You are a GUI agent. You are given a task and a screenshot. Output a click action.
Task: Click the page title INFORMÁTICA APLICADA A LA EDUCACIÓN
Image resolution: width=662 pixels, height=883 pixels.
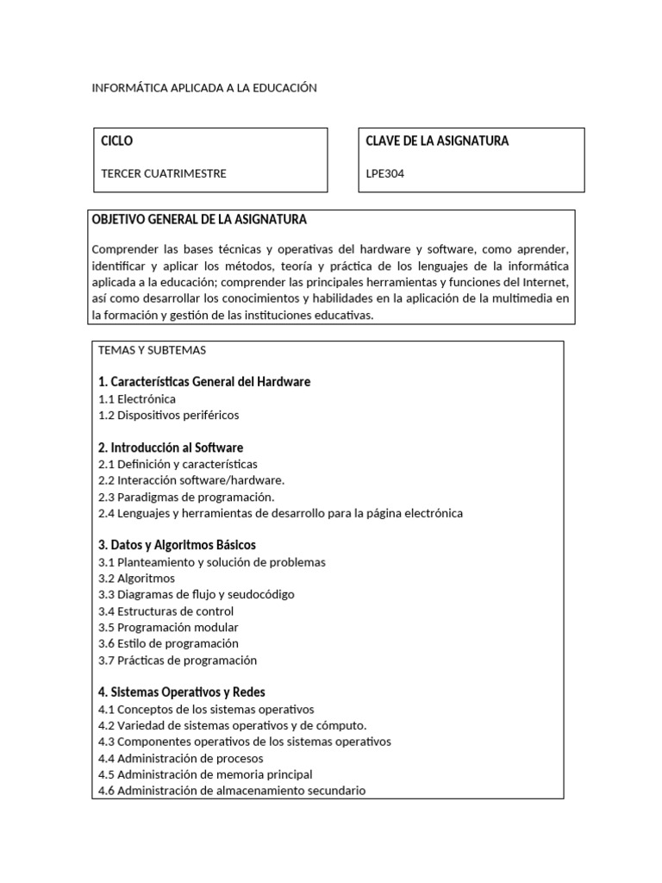click(204, 88)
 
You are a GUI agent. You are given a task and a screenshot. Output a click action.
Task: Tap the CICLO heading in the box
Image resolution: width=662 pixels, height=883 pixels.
click(117, 141)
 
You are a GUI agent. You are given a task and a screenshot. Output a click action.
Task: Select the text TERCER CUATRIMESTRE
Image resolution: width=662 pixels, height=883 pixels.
click(164, 173)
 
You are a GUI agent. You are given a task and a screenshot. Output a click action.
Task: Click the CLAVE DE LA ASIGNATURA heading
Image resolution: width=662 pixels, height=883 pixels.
click(437, 141)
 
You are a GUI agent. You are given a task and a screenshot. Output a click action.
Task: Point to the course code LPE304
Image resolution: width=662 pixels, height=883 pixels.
click(384, 173)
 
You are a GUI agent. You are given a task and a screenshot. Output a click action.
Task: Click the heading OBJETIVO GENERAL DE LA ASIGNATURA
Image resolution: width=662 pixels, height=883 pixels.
click(199, 220)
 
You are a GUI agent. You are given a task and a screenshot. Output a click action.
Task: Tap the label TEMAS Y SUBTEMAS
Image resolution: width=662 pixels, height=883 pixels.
click(152, 350)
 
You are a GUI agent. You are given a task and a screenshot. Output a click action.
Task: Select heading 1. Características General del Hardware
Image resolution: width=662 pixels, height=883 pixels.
click(204, 381)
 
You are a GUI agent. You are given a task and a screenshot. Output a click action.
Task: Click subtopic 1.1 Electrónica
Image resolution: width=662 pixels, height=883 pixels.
click(137, 398)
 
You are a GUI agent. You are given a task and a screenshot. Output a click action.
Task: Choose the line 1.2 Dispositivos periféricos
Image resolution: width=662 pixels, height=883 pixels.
click(168, 415)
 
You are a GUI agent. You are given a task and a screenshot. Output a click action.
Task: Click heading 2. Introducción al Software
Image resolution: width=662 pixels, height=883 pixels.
click(171, 448)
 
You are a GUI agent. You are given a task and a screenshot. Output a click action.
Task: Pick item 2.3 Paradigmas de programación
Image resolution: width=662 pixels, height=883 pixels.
click(186, 497)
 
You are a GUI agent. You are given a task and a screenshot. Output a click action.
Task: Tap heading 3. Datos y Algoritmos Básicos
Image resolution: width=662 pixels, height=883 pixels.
click(177, 545)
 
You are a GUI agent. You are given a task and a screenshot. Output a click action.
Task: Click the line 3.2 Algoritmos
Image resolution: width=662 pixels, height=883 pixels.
click(136, 578)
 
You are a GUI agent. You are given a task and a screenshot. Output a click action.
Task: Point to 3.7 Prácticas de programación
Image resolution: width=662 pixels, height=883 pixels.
click(178, 661)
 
